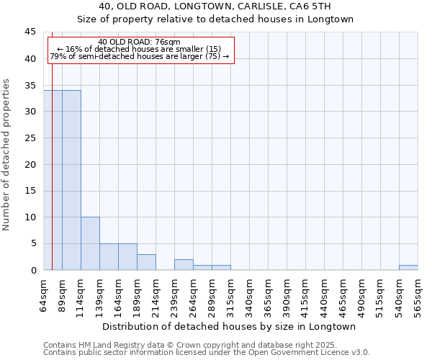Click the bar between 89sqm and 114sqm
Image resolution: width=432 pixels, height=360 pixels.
point(71,180)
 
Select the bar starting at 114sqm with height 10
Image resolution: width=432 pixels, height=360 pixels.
point(90,243)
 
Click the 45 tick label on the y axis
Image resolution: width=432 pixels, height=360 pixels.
point(30,32)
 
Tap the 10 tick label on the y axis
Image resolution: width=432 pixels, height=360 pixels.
point(30,217)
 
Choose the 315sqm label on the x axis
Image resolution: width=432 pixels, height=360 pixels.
point(231,295)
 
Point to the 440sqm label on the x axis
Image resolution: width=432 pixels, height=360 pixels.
point(325,295)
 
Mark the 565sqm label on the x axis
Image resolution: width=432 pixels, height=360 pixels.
point(418,295)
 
